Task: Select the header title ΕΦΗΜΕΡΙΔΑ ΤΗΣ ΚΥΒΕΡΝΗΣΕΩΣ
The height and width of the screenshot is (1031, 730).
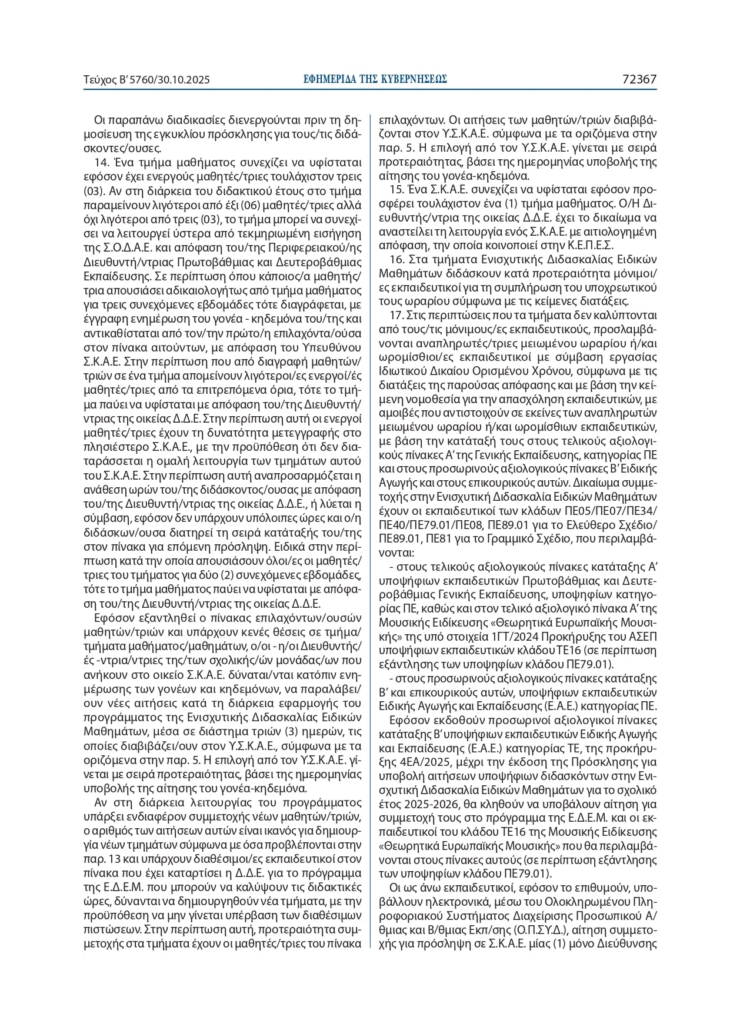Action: [375, 79]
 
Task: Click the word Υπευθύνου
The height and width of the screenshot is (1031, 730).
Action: [329, 345]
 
